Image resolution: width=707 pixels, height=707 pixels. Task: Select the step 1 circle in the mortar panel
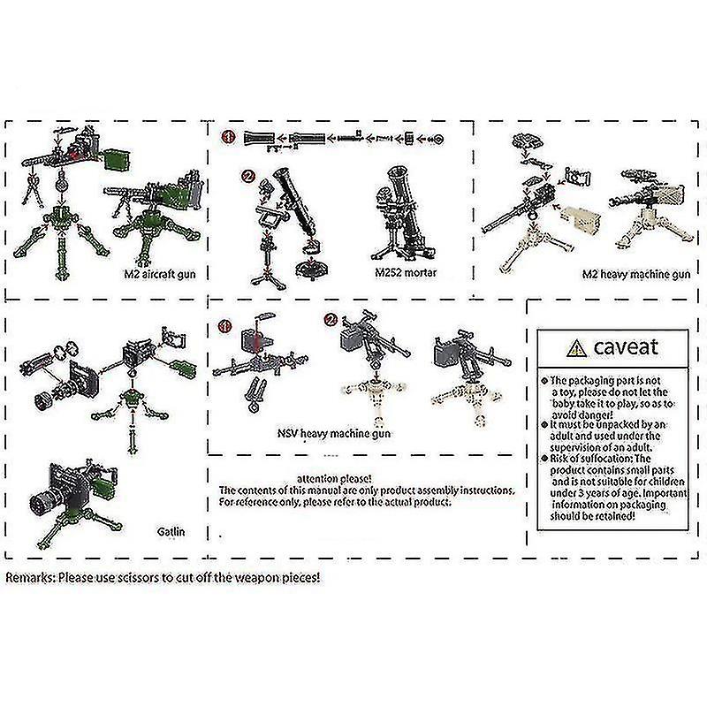[227, 137]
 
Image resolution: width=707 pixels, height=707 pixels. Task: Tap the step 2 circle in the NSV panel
[331, 320]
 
